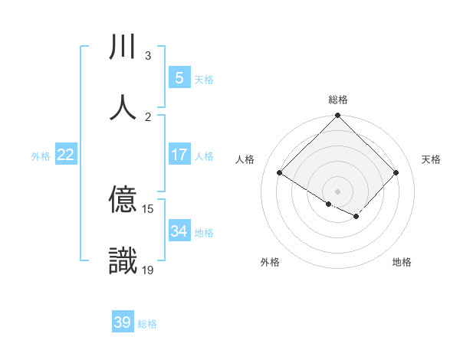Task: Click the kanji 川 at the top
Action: pyautogui.click(x=123, y=48)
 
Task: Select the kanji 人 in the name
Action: pyautogui.click(x=123, y=108)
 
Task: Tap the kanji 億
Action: pyautogui.click(x=123, y=201)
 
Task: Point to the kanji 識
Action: pyautogui.click(x=123, y=261)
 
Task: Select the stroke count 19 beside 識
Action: pyautogui.click(x=148, y=270)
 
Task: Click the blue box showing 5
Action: pyautogui.click(x=179, y=78)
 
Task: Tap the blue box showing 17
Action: pyautogui.click(x=179, y=155)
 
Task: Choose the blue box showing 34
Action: pyautogui.click(x=179, y=231)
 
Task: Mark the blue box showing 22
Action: pyautogui.click(x=65, y=155)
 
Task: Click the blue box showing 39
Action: pyautogui.click(x=122, y=322)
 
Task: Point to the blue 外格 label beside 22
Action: pyautogui.click(x=41, y=156)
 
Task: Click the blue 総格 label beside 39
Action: pyautogui.click(x=147, y=324)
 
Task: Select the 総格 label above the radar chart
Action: pyautogui.click(x=337, y=100)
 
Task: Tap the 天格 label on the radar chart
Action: pyautogui.click(x=431, y=159)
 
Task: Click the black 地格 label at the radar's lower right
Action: pyautogui.click(x=402, y=262)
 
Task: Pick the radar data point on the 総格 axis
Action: pyautogui.click(x=337, y=116)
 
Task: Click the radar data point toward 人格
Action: pyautogui.click(x=280, y=173)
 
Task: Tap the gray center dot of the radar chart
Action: pyautogui.click(x=337, y=191)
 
